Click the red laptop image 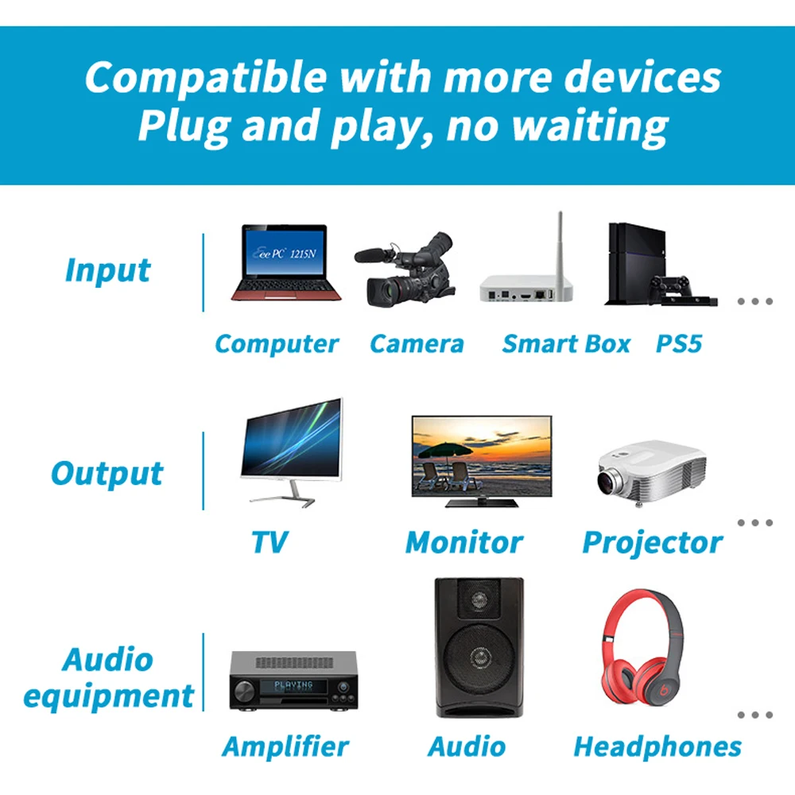pyautogui.click(x=285, y=262)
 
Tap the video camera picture pyautogui.click(x=405, y=270)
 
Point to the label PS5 pyautogui.click(x=679, y=343)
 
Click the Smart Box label pyautogui.click(x=566, y=343)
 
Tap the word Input pyautogui.click(x=108, y=270)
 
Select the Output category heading pyautogui.click(x=107, y=474)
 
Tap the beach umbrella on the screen pyautogui.click(x=444, y=451)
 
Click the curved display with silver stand pyautogui.click(x=292, y=452)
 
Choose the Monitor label pyautogui.click(x=464, y=542)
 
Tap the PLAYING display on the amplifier pyautogui.click(x=293, y=687)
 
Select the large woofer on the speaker pyautogui.click(x=479, y=658)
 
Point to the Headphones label pyautogui.click(x=657, y=747)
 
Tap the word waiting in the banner pyautogui.click(x=590, y=126)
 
